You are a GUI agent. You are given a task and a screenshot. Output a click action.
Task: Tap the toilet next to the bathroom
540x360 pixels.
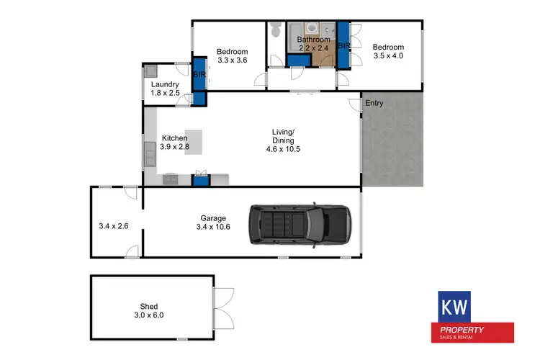coord(276,30)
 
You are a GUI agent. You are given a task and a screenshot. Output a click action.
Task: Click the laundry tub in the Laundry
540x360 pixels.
coord(150,71)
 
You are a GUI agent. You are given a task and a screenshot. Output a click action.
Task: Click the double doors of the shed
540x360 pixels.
coord(225,305)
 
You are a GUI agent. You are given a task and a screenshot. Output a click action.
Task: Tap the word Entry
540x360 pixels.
coord(374,103)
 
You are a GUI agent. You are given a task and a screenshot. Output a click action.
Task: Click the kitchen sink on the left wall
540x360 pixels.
coord(150,153)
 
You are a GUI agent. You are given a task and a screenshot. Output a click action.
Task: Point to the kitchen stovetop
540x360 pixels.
coord(171,178)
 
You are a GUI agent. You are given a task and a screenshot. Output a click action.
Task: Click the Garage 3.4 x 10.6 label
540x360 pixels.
coord(213,222)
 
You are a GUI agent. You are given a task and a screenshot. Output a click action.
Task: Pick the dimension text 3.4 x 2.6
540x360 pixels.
coord(114,226)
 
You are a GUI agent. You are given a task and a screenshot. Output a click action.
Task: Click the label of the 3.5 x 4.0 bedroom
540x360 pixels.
coord(389,53)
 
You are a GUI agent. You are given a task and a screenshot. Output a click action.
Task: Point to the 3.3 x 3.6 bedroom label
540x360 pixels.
coord(233,56)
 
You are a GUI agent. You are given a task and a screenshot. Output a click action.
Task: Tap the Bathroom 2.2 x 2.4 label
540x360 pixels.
coord(313,43)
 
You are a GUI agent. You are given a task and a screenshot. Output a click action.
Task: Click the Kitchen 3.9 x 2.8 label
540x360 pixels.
coord(175,143)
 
